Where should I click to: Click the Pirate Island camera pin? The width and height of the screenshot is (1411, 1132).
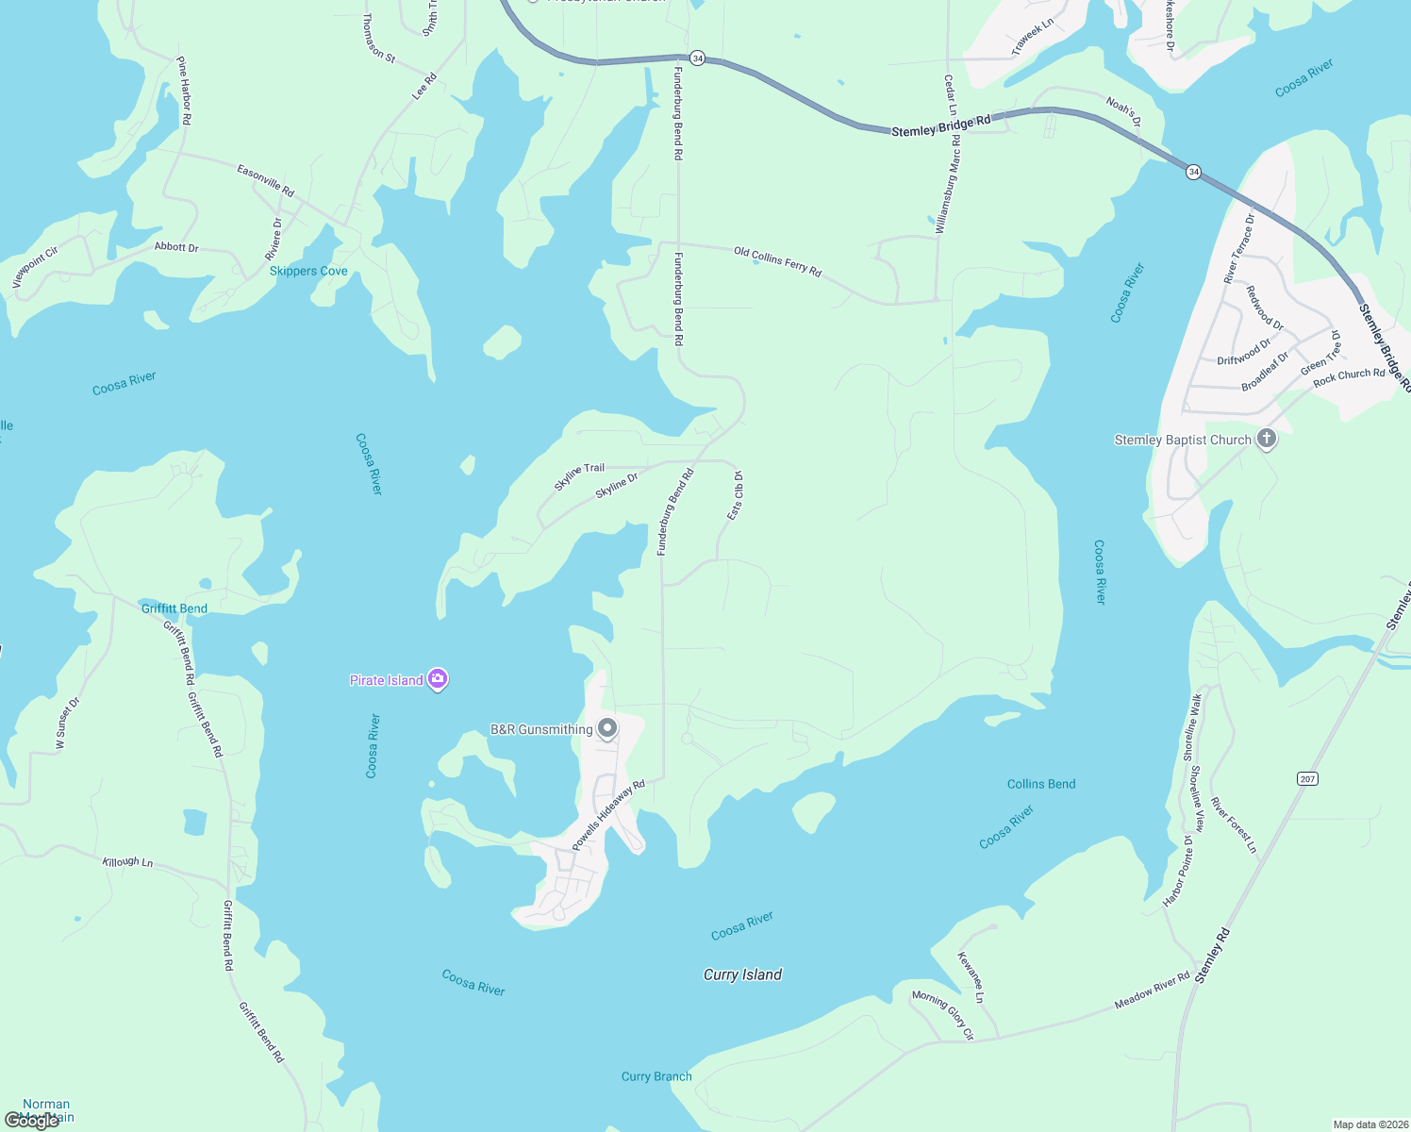pyautogui.click(x=437, y=679)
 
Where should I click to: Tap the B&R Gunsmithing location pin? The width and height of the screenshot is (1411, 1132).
pyautogui.click(x=608, y=728)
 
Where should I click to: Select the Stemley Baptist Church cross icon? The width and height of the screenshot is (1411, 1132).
pyautogui.click(x=1267, y=439)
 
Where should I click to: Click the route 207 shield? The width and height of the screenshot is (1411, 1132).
pyautogui.click(x=1307, y=778)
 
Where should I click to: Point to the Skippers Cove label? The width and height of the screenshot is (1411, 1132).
pyautogui.click(x=308, y=271)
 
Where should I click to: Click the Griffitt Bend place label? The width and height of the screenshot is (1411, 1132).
pyautogui.click(x=174, y=608)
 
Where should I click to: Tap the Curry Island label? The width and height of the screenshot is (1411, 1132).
pyautogui.click(x=742, y=974)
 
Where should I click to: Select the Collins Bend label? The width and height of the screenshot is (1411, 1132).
pyautogui.click(x=1041, y=784)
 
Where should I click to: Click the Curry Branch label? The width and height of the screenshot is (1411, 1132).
pyautogui.click(x=656, y=1076)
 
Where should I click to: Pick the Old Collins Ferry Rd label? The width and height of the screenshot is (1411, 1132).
pyautogui.click(x=777, y=262)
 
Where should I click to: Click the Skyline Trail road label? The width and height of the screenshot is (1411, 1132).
pyautogui.click(x=579, y=476)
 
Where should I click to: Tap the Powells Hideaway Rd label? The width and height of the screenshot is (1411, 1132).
pyautogui.click(x=608, y=815)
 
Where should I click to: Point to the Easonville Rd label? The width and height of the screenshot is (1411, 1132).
pyautogui.click(x=266, y=180)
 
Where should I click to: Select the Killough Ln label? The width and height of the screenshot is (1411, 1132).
pyautogui.click(x=127, y=861)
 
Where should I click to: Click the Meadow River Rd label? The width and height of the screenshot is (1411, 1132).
pyautogui.click(x=1152, y=990)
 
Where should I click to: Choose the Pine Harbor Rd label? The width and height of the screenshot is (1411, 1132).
pyautogui.click(x=184, y=91)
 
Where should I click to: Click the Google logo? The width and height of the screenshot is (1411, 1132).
pyautogui.click(x=31, y=1121)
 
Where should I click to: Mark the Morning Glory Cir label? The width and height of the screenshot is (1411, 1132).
pyautogui.click(x=942, y=1015)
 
